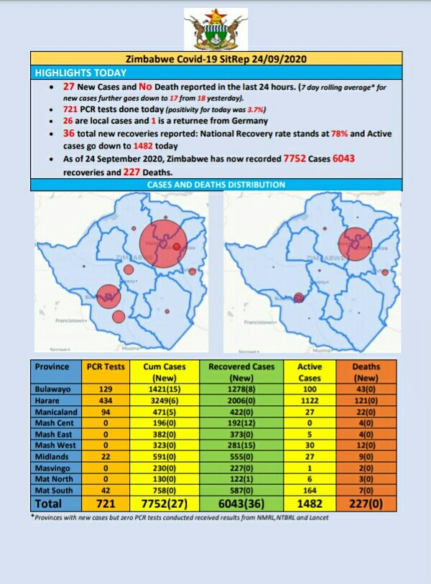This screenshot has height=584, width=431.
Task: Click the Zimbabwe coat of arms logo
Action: [x=215, y=29]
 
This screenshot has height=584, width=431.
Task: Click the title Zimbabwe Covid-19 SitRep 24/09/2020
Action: [x=216, y=60]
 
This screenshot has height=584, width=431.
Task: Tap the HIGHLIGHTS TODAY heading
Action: [x=81, y=73]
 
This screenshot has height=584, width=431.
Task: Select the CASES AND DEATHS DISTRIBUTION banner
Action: [x=216, y=185]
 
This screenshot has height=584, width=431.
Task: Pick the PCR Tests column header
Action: [x=105, y=366]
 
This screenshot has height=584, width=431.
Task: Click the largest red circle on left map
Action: [x=163, y=245]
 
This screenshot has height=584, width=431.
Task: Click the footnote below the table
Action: [x=180, y=518]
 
